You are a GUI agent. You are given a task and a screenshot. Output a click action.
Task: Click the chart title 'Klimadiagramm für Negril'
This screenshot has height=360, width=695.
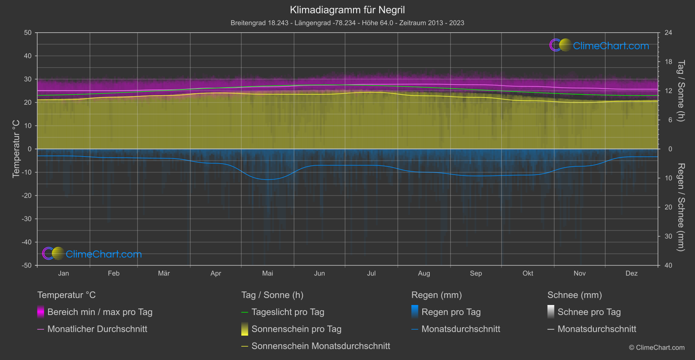[x=347, y=10]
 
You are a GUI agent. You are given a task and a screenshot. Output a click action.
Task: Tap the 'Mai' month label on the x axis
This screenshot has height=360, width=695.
[x=267, y=274]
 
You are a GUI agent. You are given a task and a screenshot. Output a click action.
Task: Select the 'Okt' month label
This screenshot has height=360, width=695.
[x=527, y=274]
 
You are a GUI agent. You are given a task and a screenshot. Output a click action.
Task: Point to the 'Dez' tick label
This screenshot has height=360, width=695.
[x=631, y=274]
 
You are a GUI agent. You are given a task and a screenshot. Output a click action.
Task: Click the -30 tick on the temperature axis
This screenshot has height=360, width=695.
[x=27, y=219]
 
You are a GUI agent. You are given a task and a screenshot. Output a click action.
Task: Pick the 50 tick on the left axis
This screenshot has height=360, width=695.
[x=28, y=33]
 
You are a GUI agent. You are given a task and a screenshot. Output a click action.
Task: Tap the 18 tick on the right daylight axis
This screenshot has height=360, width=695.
[x=668, y=62]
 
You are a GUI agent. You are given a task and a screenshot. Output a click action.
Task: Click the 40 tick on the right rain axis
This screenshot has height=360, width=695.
[x=668, y=265]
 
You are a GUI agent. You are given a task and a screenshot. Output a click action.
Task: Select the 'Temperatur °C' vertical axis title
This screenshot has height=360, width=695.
[x=17, y=149]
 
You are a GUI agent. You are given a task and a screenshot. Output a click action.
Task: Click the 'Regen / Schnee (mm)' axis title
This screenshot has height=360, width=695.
[x=681, y=207]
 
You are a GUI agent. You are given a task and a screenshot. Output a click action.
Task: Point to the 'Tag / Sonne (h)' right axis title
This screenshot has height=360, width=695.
[x=681, y=91]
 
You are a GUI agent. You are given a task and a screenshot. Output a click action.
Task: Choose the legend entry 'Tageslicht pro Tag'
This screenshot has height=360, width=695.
[x=288, y=312]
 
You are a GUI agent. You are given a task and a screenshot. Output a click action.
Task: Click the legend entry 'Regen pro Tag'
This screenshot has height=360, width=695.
[x=451, y=312]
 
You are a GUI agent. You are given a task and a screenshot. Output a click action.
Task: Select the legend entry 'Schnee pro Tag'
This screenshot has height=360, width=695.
[x=589, y=312]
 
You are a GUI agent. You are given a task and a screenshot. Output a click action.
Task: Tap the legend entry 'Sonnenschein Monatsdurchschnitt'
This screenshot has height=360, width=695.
[x=321, y=346]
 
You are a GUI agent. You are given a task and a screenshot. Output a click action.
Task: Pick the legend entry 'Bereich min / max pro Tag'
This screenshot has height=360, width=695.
[x=100, y=312]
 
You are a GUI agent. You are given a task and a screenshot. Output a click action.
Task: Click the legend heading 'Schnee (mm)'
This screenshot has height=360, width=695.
[x=575, y=295]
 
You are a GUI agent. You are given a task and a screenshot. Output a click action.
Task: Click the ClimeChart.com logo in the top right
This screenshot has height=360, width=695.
[x=599, y=45]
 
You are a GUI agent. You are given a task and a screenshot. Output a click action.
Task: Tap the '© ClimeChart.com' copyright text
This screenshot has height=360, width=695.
[x=657, y=348]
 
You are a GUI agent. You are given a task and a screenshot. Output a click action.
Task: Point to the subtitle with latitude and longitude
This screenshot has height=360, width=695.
[x=347, y=23]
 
